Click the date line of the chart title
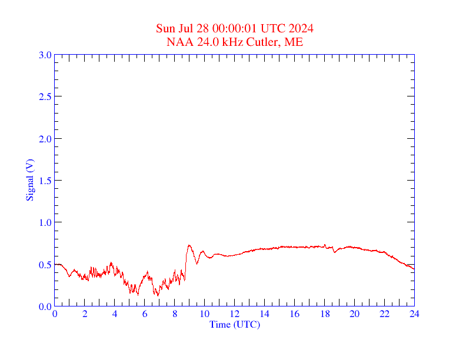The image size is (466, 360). (x=234, y=29)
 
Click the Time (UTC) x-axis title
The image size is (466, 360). (x=234, y=324)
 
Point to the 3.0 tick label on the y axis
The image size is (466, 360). (x=45, y=55)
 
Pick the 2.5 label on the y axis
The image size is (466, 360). (x=45, y=97)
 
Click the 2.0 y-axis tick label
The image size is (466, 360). (x=45, y=139)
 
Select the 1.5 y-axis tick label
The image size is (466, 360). (x=45, y=181)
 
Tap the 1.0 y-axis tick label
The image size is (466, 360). (x=45, y=222)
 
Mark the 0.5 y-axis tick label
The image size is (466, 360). (x=45, y=265)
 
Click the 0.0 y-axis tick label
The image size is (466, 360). (x=45, y=306)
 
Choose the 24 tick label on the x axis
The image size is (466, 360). (x=414, y=314)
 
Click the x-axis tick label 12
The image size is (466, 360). (x=234, y=314)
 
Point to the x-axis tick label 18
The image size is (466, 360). (x=324, y=314)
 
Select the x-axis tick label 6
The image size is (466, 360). (x=145, y=314)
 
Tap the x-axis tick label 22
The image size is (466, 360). (x=384, y=314)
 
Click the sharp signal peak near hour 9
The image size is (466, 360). (x=189, y=245)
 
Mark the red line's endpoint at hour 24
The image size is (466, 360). (x=414, y=269)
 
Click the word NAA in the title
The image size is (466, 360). (x=178, y=42)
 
